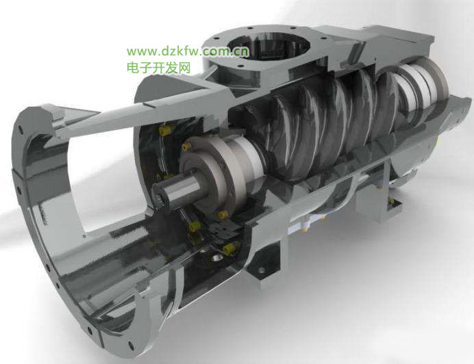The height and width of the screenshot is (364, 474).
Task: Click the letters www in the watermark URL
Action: [x=141, y=51]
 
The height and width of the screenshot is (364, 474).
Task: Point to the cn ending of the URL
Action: [x=242, y=51]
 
